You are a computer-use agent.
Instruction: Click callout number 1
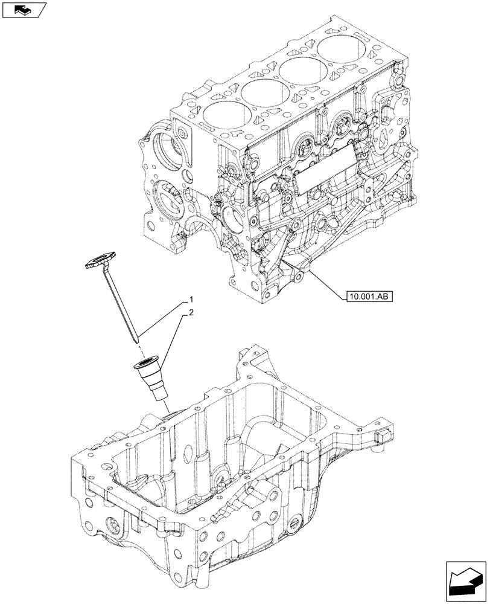coord(191,300)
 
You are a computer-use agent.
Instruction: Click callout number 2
coord(191,313)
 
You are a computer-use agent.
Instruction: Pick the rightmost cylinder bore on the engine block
coord(340,48)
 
